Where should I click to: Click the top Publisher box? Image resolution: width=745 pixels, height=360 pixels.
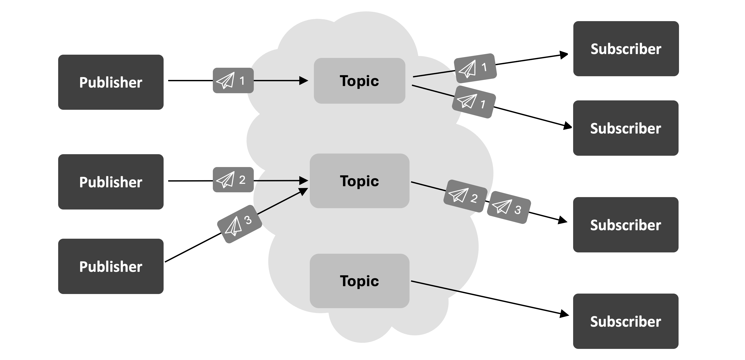(111, 82)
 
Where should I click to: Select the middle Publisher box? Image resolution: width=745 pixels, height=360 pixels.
(111, 182)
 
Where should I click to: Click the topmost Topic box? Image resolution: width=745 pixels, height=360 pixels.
(359, 81)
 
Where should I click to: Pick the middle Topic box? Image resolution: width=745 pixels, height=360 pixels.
(359, 181)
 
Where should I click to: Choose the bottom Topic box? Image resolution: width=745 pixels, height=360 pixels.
(359, 281)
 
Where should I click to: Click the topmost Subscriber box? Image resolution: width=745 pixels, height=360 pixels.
(626, 49)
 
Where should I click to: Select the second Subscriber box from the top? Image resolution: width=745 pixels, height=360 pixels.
(626, 128)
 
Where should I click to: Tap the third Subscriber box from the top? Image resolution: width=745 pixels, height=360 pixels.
(626, 225)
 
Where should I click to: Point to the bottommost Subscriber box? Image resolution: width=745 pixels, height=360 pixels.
(626, 321)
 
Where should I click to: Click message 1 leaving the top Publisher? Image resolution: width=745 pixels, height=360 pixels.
(233, 80)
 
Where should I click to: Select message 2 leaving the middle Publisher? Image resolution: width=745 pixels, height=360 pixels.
(233, 180)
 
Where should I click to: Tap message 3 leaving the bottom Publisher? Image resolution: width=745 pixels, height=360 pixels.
(239, 224)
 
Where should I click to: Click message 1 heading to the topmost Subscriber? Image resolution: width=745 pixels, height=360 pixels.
(475, 68)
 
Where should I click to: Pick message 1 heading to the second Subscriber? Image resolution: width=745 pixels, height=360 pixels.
(474, 102)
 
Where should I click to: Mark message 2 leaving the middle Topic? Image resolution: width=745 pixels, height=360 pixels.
(465, 196)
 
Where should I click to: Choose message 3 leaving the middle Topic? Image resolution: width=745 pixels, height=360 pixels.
(509, 207)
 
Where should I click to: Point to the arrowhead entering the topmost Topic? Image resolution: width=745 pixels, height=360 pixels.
(303, 81)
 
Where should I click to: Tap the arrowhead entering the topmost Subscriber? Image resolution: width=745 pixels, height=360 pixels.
(564, 55)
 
